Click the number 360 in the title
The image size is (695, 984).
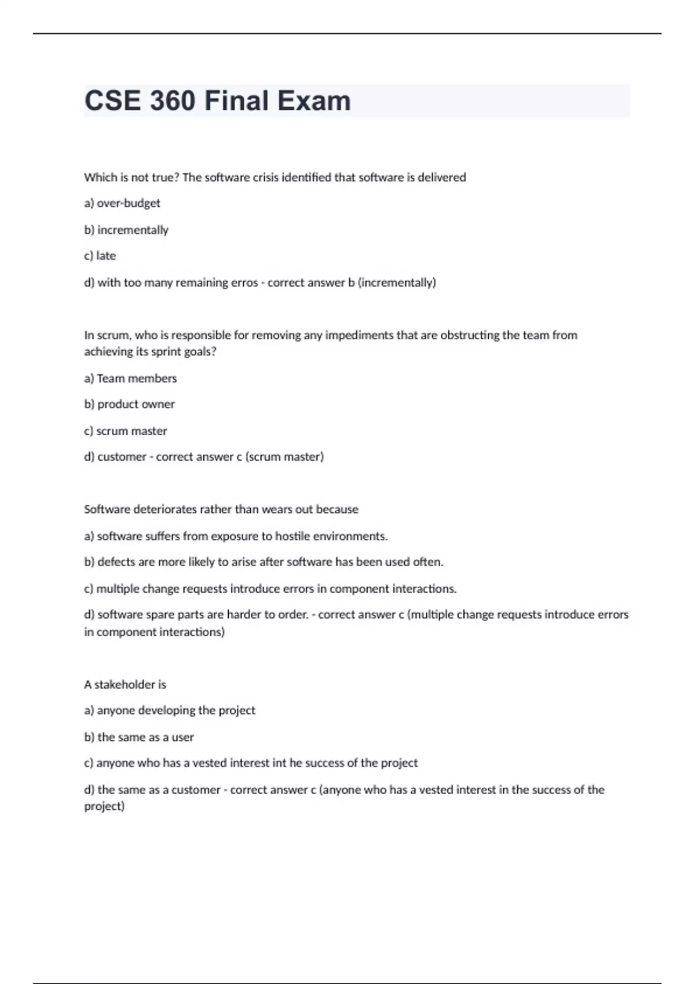pyautogui.click(x=173, y=101)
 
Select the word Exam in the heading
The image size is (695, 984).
pyautogui.click(x=313, y=101)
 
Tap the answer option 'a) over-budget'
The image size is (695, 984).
pyautogui.click(x=122, y=203)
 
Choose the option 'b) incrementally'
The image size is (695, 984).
pyautogui.click(x=126, y=230)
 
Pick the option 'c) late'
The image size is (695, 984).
pyautogui.click(x=100, y=256)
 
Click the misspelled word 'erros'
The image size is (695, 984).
pyautogui.click(x=244, y=282)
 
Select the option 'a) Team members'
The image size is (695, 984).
pyautogui.click(x=130, y=379)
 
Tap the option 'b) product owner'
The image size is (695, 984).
pyautogui.click(x=129, y=404)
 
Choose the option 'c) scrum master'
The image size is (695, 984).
pyautogui.click(x=126, y=431)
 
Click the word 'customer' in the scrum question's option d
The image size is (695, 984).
pyautogui.click(x=122, y=457)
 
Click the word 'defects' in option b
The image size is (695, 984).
pyautogui.click(x=116, y=562)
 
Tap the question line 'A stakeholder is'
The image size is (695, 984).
pyautogui.click(x=125, y=685)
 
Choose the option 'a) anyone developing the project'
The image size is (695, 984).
pyautogui.click(x=170, y=710)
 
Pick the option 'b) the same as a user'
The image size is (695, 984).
pyautogui.click(x=139, y=737)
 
